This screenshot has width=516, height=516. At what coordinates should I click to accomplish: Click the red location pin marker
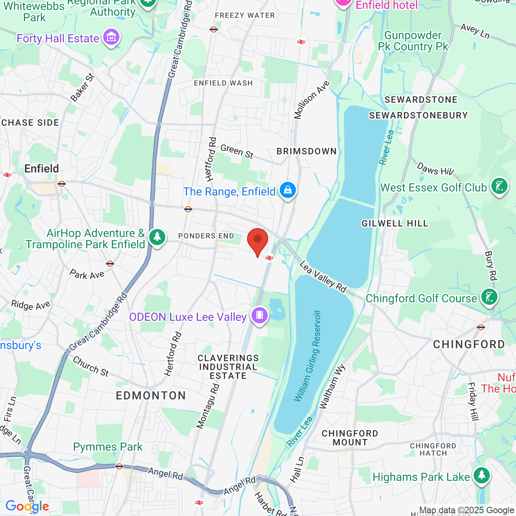[257, 241]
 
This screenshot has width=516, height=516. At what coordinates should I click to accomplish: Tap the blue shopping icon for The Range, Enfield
[287, 190]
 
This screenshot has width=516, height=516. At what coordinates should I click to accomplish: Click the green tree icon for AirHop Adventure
[157, 237]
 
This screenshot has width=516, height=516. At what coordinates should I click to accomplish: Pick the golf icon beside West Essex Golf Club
[499, 186]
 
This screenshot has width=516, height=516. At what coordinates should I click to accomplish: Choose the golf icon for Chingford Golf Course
[489, 297]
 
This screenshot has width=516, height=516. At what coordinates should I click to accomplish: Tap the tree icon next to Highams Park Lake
[481, 476]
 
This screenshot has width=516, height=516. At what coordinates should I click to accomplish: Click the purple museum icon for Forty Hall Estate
[111, 37]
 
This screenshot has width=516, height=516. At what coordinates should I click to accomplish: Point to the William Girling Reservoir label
[307, 356]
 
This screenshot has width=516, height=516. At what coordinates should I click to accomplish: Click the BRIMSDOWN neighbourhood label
[306, 152]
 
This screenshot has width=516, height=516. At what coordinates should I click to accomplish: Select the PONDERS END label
[206, 236]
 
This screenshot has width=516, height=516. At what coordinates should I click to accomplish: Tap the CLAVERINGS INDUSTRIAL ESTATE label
[228, 367]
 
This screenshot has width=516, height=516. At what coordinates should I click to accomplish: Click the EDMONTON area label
[151, 395]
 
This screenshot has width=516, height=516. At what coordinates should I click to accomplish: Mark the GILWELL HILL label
[395, 224]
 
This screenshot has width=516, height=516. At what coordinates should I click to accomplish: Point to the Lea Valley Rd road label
[323, 277]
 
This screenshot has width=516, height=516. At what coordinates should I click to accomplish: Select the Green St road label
[237, 152]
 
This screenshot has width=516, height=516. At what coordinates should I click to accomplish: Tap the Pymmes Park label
[108, 447]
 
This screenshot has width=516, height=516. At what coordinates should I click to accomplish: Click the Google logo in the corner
[27, 506]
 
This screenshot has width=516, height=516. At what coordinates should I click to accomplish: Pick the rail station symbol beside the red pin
[269, 258]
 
